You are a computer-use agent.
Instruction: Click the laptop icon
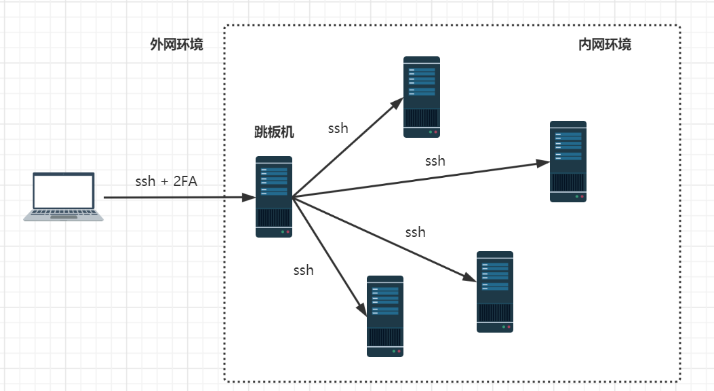(63, 197)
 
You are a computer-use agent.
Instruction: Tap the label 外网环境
(177, 45)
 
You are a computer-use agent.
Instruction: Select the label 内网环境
(605, 45)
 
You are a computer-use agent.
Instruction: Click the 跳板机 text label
(274, 132)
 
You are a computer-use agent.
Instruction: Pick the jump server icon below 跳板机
(274, 197)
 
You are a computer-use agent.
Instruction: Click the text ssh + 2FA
(166, 181)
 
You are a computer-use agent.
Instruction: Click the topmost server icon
(422, 97)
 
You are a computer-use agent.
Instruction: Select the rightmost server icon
(568, 162)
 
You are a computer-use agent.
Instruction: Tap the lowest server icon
(385, 316)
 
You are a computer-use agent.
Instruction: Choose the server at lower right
(495, 292)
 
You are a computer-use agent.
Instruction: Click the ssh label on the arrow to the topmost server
(338, 128)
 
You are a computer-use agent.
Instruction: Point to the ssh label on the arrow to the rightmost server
(435, 161)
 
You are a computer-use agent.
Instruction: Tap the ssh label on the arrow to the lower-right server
(415, 232)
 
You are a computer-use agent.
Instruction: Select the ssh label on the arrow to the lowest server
(303, 270)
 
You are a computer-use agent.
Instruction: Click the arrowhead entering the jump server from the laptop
(249, 198)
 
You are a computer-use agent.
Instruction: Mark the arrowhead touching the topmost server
(397, 103)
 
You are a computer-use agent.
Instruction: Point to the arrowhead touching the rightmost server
(542, 163)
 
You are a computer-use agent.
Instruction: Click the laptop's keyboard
(64, 212)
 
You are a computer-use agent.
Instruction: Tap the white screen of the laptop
(64, 191)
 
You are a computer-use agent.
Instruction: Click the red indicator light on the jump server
(287, 232)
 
